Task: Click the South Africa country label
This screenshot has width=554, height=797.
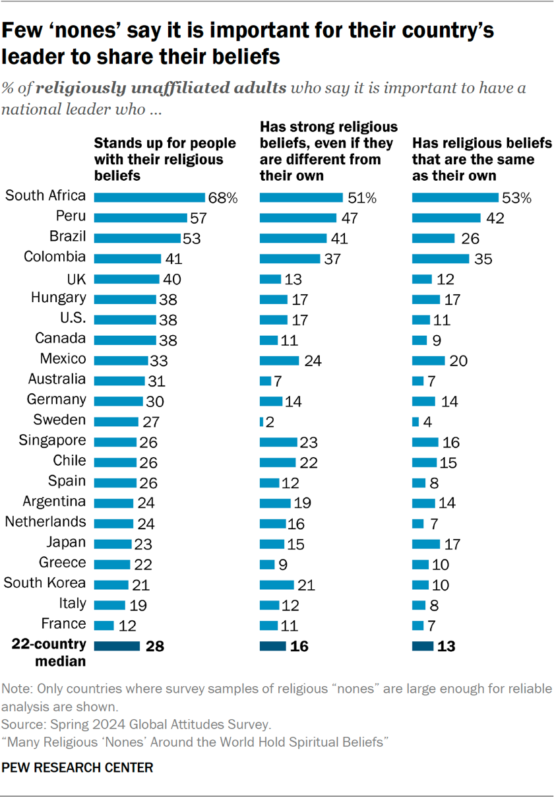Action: (45, 195)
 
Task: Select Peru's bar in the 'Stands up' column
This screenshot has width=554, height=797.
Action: (140, 217)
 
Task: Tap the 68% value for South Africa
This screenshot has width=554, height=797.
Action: (222, 197)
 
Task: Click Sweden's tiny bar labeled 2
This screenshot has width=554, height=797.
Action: (262, 422)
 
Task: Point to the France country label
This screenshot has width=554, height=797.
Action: (64, 623)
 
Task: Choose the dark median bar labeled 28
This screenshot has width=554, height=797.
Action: (117, 646)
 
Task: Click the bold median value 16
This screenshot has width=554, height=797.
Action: (299, 646)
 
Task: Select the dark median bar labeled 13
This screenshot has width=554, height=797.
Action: (423, 646)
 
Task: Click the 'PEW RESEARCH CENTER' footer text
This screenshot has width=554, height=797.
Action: (78, 767)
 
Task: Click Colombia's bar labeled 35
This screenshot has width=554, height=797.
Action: (441, 258)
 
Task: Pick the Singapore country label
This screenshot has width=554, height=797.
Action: (53, 440)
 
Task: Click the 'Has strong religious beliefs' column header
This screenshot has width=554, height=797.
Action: (328, 150)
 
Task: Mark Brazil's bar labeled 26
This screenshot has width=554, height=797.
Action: (433, 238)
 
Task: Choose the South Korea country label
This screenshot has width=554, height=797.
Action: (45, 583)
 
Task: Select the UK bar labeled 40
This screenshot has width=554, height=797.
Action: (127, 278)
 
